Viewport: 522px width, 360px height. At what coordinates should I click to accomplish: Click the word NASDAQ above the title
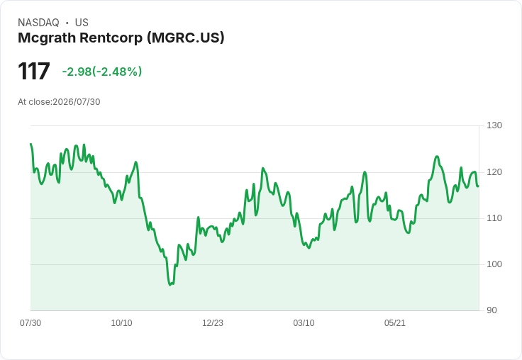coord(38,23)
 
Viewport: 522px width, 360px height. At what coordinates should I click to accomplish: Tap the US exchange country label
coord(82,23)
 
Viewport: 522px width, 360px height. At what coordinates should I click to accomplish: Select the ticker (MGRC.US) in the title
coord(186,38)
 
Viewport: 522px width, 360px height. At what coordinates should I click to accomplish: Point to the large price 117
coord(34,71)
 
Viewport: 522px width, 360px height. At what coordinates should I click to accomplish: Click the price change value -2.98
coord(77,72)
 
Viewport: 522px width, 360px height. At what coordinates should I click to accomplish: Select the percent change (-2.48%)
coord(117,72)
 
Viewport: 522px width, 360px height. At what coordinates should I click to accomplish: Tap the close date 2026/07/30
coord(77,102)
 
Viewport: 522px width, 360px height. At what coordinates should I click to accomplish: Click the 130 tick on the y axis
coord(494,125)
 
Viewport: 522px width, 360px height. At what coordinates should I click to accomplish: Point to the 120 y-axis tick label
coord(494,172)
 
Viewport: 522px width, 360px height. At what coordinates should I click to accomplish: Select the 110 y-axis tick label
coord(494,218)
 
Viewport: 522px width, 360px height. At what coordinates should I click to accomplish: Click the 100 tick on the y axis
coord(494,264)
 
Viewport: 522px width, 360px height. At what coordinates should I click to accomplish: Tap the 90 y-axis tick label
coord(492,310)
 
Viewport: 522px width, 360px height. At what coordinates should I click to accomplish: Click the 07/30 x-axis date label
coord(30,323)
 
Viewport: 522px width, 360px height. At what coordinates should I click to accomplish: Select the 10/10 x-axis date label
coord(121,323)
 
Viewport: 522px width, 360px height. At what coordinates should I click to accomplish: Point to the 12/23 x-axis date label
coord(213,323)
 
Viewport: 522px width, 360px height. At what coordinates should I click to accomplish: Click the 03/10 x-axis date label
coord(304,323)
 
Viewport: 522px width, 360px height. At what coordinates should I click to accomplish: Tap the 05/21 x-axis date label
coord(395,323)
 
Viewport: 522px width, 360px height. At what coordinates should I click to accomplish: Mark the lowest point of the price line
coord(170,285)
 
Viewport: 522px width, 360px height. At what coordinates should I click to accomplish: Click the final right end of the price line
coord(479,186)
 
